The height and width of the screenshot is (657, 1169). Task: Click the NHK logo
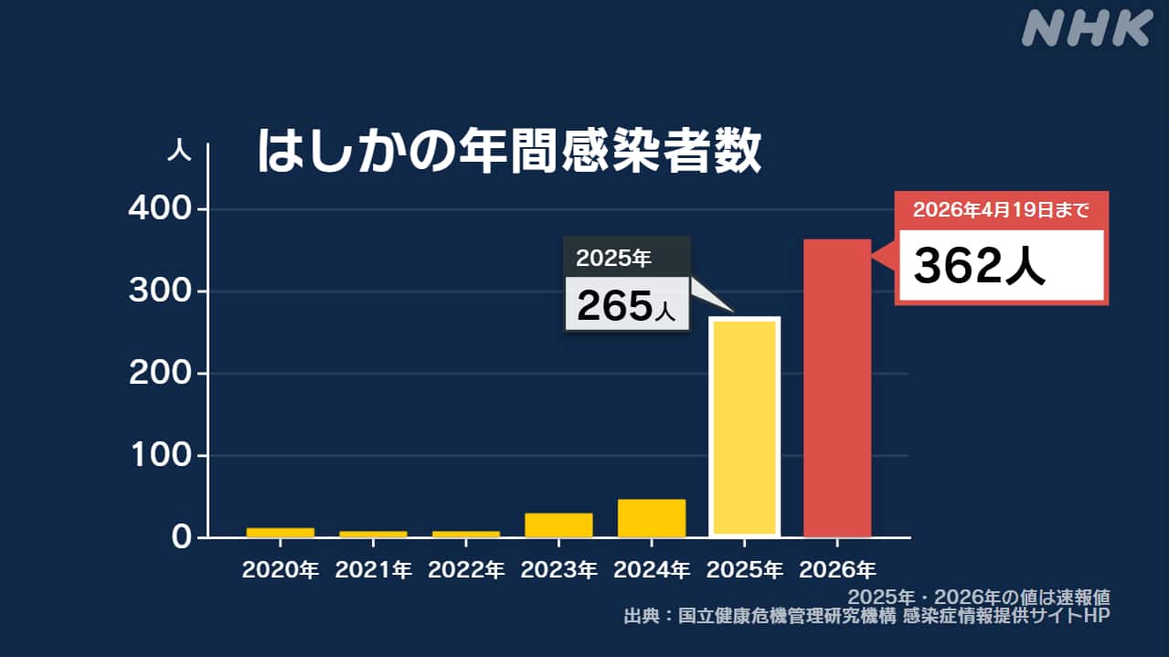[x=1086, y=29]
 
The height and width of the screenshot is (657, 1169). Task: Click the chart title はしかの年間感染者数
[x=508, y=152]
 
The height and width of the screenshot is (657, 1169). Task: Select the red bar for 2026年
[x=836, y=387]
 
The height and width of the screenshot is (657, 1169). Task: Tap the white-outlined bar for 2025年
[x=744, y=426]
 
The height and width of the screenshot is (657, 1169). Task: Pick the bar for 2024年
[x=651, y=518]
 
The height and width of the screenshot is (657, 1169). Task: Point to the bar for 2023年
[x=558, y=525]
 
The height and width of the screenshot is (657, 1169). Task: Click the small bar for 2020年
[x=280, y=532]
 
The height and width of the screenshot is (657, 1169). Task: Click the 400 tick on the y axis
[x=161, y=210]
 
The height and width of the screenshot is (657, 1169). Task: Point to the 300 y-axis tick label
[x=161, y=291]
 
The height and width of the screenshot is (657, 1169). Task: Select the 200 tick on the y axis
[x=161, y=374]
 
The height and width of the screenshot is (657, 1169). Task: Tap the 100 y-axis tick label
[x=161, y=455]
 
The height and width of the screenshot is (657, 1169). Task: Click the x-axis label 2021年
[x=373, y=570]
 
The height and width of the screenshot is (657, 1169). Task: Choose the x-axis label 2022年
[x=466, y=570]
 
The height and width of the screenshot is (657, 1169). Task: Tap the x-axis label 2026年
[x=837, y=570]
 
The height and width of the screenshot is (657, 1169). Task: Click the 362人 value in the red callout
[x=980, y=266]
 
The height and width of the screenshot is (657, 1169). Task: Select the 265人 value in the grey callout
[x=626, y=307]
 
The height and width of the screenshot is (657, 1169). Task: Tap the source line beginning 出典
[x=866, y=617]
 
